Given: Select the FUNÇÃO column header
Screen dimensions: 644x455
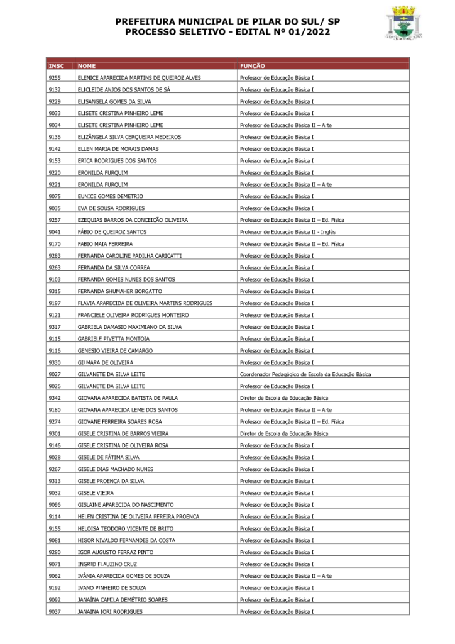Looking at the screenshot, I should pos(253,66).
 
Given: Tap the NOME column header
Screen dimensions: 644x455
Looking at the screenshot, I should pos(87,66).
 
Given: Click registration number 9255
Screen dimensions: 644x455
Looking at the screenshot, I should pos(55,78).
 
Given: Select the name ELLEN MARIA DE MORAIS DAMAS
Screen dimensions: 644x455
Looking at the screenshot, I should pos(118,149).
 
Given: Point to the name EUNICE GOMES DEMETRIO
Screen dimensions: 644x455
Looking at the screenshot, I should pos(111,196).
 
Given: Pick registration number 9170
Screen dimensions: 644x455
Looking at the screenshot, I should pos(55,244).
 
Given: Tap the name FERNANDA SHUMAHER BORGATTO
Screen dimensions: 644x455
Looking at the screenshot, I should pos(120,291).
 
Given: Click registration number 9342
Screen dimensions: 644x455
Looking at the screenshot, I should pos(55,398).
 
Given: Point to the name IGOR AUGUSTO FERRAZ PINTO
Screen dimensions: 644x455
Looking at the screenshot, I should pos(116,552).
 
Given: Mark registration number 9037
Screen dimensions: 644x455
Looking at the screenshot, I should pos(55,611).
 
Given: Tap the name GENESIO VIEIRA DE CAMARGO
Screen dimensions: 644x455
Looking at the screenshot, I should pos(115,350).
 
